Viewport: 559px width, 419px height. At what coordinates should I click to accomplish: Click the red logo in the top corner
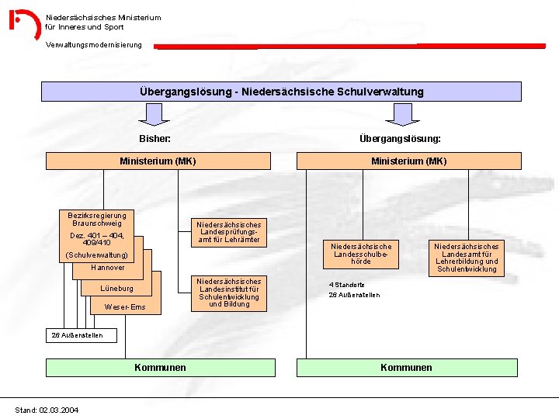click(25, 24)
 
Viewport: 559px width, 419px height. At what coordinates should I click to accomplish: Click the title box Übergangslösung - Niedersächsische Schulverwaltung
click(281, 92)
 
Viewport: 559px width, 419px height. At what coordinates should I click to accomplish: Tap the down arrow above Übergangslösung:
click(401, 115)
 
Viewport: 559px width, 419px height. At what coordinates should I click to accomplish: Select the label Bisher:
click(155, 139)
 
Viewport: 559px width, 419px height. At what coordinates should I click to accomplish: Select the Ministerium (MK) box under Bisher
click(158, 161)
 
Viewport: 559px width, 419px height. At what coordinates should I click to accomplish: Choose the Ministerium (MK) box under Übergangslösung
click(408, 161)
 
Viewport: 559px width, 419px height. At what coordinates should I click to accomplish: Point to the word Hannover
click(107, 268)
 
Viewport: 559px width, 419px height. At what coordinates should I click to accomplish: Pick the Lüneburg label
click(116, 289)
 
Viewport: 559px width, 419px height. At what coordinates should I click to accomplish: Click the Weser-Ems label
click(124, 307)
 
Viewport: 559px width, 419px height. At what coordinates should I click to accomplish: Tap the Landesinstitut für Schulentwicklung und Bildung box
click(229, 293)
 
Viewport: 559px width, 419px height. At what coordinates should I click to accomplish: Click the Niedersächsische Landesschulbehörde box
click(361, 254)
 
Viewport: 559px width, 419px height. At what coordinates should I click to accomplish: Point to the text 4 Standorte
click(346, 285)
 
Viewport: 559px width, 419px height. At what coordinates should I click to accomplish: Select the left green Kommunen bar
click(160, 367)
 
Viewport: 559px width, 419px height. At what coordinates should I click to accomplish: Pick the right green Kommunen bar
click(406, 367)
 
